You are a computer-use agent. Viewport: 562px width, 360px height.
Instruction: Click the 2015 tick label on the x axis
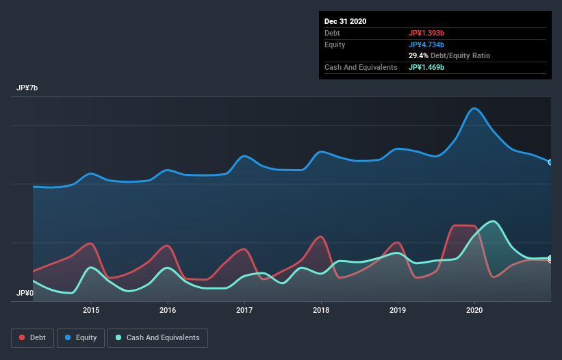91,310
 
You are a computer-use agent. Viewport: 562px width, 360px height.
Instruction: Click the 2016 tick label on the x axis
168,310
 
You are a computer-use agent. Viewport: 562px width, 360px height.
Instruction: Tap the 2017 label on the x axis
244,310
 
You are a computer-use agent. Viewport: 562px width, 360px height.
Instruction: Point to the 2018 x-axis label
321,310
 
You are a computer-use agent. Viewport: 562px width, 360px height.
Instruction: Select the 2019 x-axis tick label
398,310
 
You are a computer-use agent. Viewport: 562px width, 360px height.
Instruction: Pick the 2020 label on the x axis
474,310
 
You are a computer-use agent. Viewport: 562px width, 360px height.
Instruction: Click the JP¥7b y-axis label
27,88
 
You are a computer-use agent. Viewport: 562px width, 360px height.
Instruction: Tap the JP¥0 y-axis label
25,293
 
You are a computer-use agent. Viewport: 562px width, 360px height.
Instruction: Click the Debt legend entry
29,337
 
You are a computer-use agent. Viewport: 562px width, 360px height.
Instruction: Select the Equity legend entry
81,337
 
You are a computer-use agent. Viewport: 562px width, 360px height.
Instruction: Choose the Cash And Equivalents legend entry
157,337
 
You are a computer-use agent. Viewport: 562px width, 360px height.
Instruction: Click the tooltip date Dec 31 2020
346,21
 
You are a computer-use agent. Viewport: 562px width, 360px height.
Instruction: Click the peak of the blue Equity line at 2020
474,108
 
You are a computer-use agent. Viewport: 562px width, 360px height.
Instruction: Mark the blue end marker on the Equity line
550,162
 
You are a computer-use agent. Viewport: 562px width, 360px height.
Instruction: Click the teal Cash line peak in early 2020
491,221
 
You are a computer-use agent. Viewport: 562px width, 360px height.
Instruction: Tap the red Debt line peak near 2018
320,237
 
